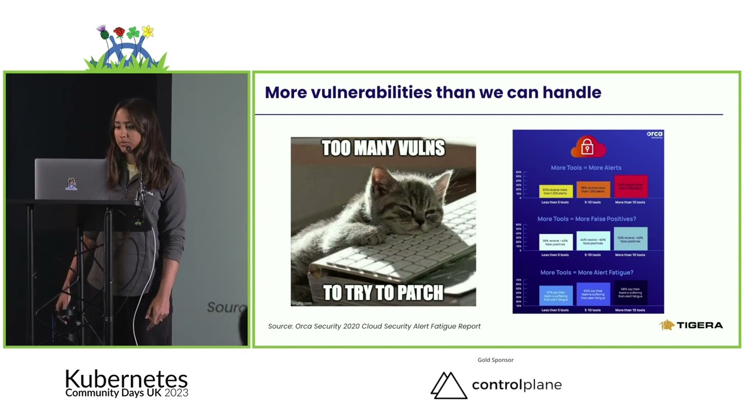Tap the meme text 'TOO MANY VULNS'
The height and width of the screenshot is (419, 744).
(383, 148)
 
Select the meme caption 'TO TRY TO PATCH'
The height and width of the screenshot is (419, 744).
(383, 292)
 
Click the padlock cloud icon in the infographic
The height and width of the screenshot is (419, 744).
(587, 147)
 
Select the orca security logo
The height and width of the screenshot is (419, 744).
(654, 135)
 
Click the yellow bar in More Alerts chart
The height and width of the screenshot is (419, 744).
(556, 190)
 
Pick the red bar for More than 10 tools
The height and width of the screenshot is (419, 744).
(630, 187)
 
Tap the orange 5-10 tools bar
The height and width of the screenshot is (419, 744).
(593, 189)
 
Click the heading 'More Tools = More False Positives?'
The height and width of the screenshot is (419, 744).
(586, 219)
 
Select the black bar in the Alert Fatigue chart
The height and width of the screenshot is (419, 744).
(630, 293)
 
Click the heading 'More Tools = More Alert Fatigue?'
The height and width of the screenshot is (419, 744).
(586, 272)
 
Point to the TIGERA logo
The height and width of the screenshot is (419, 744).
(691, 325)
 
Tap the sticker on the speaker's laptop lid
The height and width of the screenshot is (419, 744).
(71, 184)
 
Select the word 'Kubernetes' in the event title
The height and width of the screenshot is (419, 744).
(126, 379)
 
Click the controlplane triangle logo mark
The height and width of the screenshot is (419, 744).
(448, 385)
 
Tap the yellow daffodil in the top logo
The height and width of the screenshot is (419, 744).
(148, 31)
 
